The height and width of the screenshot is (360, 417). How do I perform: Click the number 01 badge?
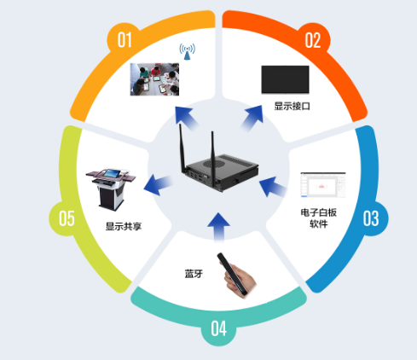(x=125, y=40)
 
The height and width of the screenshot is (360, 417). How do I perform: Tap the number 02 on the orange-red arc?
(x=313, y=40)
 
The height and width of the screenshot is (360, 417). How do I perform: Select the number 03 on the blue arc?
(x=371, y=218)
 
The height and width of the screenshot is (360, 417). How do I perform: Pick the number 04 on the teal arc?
(x=218, y=328)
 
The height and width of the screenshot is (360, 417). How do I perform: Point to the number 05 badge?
(x=67, y=218)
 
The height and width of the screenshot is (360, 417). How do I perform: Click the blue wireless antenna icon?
(x=187, y=51)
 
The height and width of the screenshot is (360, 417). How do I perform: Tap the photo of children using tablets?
(x=154, y=79)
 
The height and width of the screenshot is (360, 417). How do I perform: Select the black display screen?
(x=285, y=79)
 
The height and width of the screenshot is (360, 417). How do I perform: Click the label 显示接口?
(x=292, y=107)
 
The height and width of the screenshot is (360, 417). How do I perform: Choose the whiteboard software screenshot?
(x=323, y=185)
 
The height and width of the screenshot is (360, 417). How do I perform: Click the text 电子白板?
(x=319, y=212)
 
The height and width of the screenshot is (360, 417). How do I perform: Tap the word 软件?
(x=319, y=224)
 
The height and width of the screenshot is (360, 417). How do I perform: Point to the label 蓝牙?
(x=194, y=274)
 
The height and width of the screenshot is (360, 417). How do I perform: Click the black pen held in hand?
(x=232, y=274)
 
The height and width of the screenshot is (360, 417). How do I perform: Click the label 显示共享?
(x=124, y=227)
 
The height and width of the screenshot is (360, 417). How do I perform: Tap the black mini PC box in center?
(x=220, y=172)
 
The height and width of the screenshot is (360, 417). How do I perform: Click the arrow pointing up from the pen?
(x=218, y=227)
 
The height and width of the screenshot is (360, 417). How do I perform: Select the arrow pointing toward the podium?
(x=158, y=184)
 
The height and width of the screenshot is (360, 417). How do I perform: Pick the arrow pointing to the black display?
(x=252, y=118)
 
